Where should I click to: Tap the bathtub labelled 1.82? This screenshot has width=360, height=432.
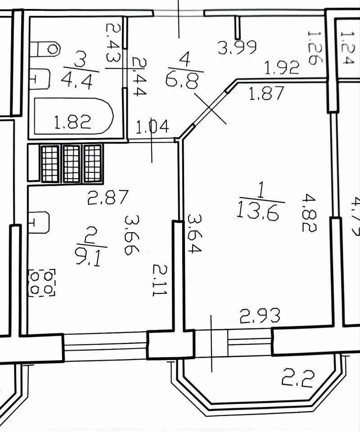73,116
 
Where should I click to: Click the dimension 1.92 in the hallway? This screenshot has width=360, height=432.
282,67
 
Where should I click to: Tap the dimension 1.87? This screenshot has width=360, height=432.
267,94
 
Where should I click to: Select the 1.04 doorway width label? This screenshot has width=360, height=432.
152,126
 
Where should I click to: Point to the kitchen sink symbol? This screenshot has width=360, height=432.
39,222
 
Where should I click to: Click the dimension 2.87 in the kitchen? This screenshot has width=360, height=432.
108,197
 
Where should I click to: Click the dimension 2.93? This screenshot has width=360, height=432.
260,315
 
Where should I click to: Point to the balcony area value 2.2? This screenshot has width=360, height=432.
298,378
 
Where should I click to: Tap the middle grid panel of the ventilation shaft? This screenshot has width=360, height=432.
72,163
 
